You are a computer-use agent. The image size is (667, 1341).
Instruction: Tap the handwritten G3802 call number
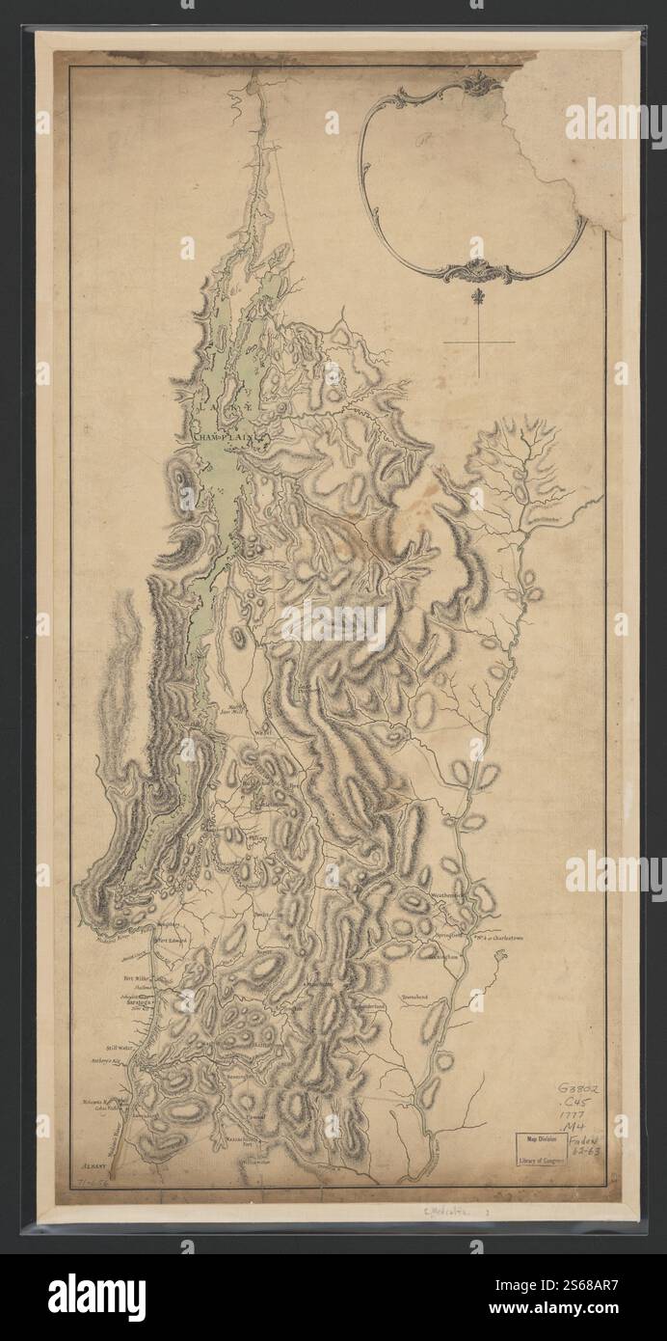[x=584, y=1087]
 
